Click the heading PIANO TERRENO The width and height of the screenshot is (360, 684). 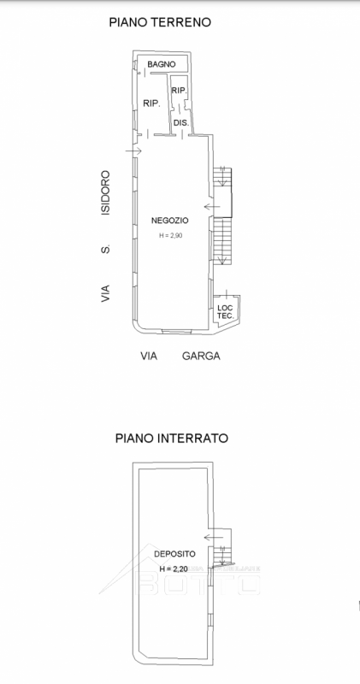pos(160,22)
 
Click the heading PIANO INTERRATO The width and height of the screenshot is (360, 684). pos(171,438)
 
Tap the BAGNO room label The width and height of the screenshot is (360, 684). pos(161,64)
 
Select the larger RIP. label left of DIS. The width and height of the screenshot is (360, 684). pos(152,103)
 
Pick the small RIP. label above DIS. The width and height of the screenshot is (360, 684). pos(180,90)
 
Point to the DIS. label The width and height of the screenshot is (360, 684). pos(180,123)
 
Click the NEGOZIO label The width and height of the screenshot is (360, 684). pos(169,221)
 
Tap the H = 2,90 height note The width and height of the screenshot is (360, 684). pos(170,235)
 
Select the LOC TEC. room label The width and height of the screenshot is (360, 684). pos(225,311)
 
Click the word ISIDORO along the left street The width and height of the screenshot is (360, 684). pos(105,192)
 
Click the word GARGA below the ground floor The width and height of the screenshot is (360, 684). pos(201,356)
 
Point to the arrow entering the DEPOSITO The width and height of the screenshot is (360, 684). pos(211,534)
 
